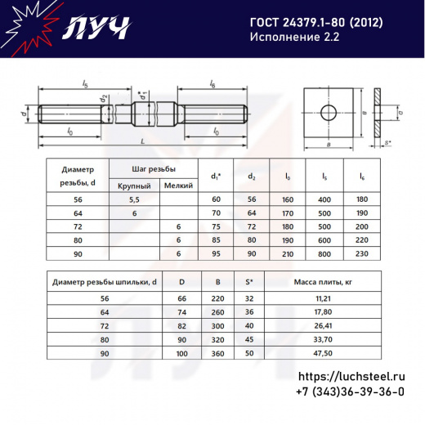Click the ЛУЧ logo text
pyautogui.click(x=96, y=28)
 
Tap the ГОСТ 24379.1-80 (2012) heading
pyautogui.click(x=316, y=23)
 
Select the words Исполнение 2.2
pyautogui.click(x=294, y=37)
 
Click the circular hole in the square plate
pyautogui.click(x=329, y=112)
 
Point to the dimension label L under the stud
pyautogui.click(x=142, y=141)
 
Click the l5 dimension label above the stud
pyautogui.click(x=85, y=84)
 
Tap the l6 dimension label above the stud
pyautogui.click(x=212, y=84)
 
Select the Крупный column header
pyautogui.click(x=134, y=186)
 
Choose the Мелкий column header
pyautogui.click(x=178, y=186)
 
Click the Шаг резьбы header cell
pyautogui.click(x=154, y=169)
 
